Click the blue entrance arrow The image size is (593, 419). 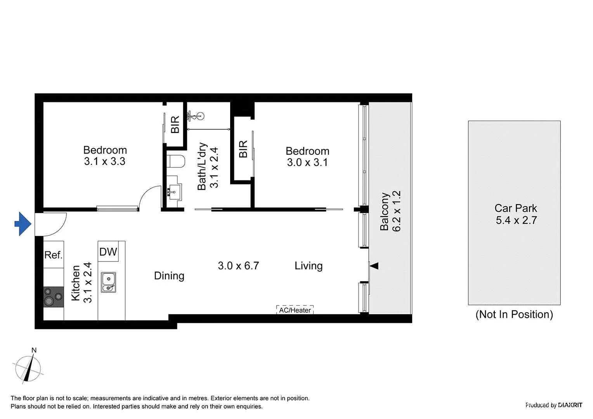(x=23, y=224)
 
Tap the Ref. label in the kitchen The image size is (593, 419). (x=53, y=255)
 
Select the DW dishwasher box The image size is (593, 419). (x=108, y=252)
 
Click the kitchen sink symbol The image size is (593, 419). (x=108, y=282)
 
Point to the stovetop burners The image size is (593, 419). (x=53, y=297)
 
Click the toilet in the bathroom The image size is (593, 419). (x=177, y=161)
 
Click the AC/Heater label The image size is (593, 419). (x=295, y=310)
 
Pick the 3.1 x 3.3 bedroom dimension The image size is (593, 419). (x=105, y=161)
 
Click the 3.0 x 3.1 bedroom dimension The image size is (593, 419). (x=307, y=162)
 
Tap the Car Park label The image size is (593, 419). (x=516, y=208)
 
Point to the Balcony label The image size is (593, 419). (x=384, y=211)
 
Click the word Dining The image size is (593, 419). (x=169, y=276)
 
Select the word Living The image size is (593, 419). (x=309, y=266)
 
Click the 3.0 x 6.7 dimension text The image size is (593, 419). (x=238, y=266)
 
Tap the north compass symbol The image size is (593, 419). (x=28, y=367)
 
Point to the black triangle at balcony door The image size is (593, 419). (x=374, y=266)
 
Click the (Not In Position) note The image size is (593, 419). (x=514, y=314)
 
